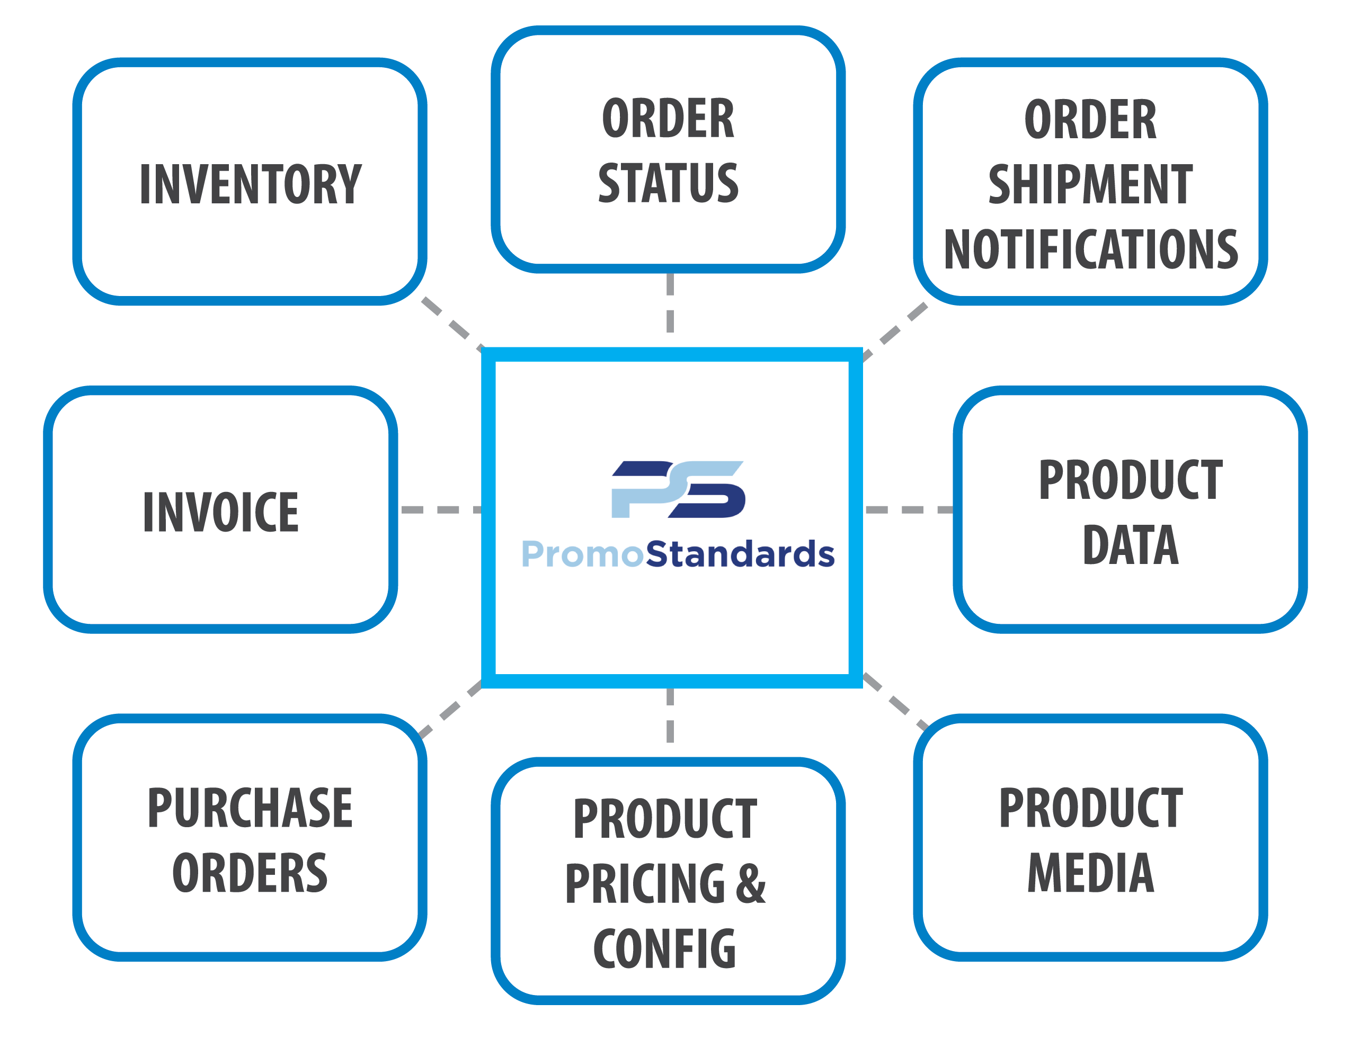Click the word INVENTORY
coord(251,184)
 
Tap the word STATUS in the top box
coord(668,183)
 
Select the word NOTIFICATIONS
coord(1090,249)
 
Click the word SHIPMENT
coord(1090,184)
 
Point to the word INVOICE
coord(221,512)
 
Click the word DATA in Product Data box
coord(1131,545)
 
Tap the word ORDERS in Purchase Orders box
coord(250,873)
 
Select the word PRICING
coord(645,884)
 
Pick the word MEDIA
coord(1090,873)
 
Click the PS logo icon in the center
coord(678,489)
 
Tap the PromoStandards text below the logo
coord(678,553)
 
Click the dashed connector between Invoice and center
coord(440,509)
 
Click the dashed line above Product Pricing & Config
coord(670,716)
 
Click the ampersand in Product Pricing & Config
coord(751,884)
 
